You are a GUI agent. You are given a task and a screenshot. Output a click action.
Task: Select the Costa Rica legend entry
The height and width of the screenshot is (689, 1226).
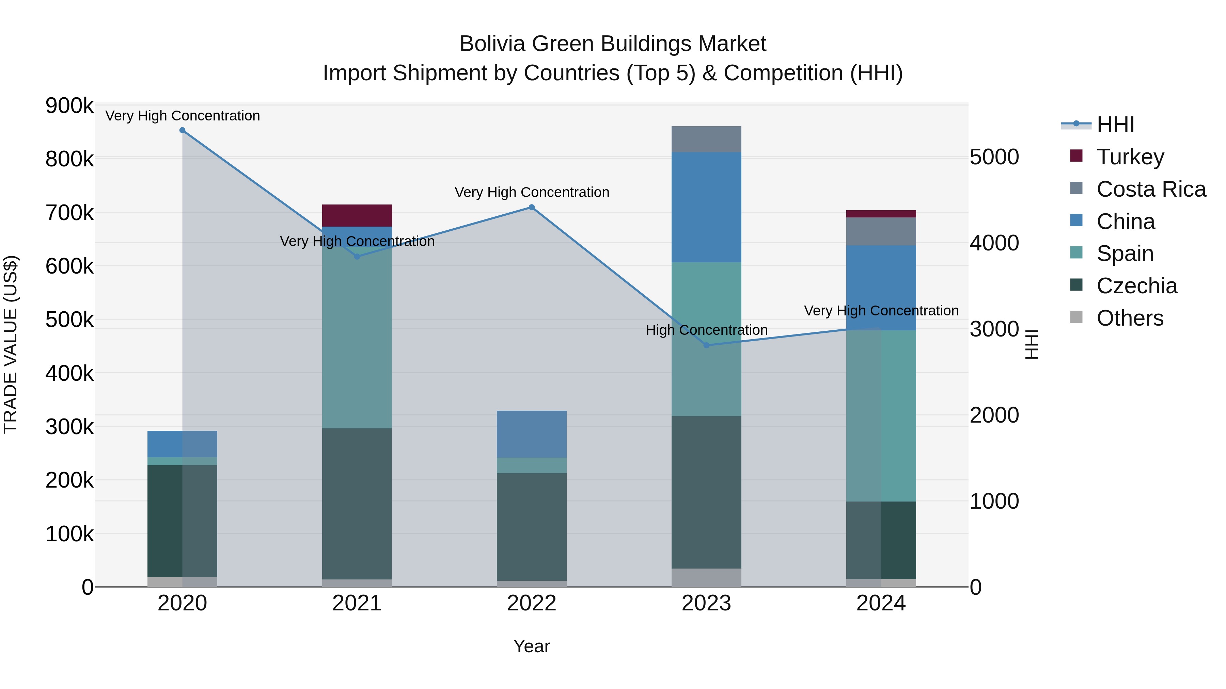[1151, 189]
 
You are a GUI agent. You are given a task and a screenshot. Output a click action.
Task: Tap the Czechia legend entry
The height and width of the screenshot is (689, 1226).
[1136, 286]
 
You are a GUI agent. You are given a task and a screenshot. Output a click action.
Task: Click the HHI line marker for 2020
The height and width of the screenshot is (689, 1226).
[182, 130]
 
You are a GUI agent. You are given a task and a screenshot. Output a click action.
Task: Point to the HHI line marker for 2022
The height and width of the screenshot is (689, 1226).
[532, 207]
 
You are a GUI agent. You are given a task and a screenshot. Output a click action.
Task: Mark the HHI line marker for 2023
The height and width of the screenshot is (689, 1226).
[706, 345]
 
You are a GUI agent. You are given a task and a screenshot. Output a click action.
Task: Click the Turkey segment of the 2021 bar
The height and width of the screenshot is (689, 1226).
[357, 215]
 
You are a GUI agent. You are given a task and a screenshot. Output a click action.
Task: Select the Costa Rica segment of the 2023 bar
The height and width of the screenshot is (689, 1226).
[706, 139]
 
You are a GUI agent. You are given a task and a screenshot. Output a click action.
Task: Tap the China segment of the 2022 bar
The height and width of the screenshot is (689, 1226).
[532, 434]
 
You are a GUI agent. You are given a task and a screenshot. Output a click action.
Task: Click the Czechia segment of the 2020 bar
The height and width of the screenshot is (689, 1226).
[182, 521]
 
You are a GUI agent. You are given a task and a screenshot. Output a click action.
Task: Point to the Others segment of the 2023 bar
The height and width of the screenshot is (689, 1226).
[706, 577]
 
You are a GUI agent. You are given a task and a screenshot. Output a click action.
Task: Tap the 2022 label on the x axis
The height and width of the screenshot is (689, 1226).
[532, 603]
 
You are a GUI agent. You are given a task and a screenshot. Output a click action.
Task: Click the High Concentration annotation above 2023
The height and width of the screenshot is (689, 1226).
[706, 330]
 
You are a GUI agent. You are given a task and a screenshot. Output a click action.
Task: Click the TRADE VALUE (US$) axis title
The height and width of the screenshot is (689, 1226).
[11, 344]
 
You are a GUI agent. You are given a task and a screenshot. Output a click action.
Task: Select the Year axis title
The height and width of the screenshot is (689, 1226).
[532, 646]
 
